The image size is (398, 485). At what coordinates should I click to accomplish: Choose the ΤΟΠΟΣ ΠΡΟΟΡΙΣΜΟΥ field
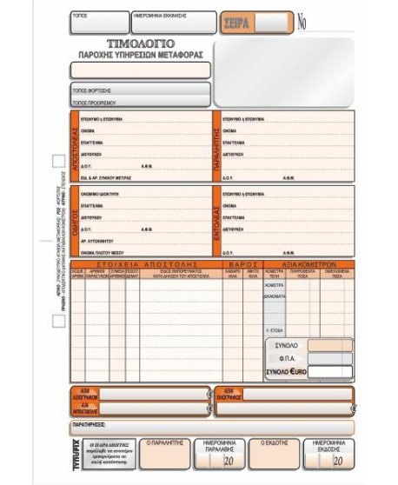coord(139,101)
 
